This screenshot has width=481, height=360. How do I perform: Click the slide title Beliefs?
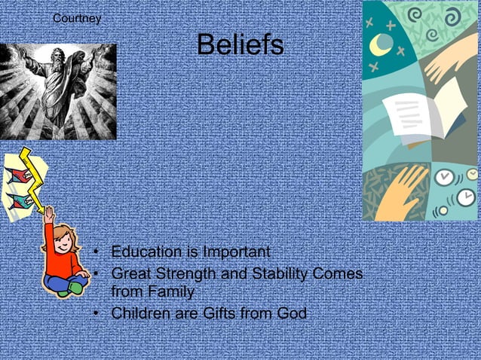(x=240, y=45)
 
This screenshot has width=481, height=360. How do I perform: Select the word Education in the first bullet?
(x=146, y=252)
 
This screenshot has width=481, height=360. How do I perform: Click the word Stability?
(x=271, y=274)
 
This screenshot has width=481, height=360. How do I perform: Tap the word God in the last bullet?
(x=291, y=313)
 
